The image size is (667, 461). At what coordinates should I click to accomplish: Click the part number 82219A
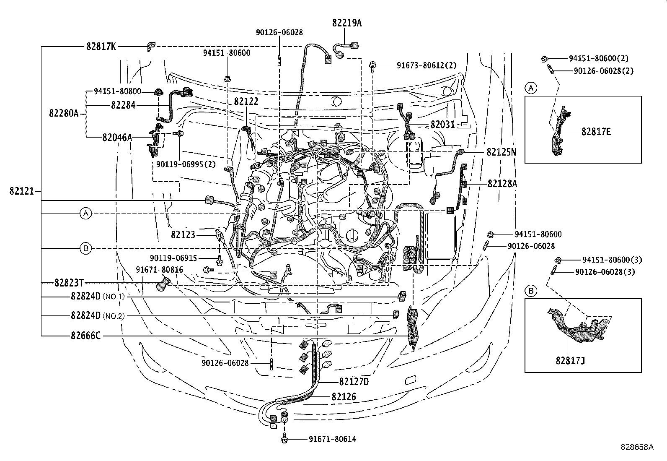(347, 23)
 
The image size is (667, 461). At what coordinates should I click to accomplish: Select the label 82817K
(101, 47)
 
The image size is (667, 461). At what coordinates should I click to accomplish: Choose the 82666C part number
(85, 336)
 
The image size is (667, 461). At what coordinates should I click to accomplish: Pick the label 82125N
(502, 152)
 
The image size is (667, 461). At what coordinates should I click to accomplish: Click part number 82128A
(502, 183)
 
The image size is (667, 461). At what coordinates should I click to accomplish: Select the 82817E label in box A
(596, 132)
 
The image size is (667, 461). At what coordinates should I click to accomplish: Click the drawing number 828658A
(637, 447)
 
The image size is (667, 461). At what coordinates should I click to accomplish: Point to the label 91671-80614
(332, 439)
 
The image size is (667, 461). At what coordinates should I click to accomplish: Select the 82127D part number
(354, 382)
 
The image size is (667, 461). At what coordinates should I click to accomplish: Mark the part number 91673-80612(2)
(427, 65)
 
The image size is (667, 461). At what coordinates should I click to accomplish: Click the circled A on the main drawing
(85, 214)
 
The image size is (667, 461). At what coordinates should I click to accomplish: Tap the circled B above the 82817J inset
(531, 291)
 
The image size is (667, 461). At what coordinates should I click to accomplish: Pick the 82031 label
(443, 125)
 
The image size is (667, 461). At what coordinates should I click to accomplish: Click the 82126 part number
(344, 396)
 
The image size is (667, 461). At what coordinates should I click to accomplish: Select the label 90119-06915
(173, 258)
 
